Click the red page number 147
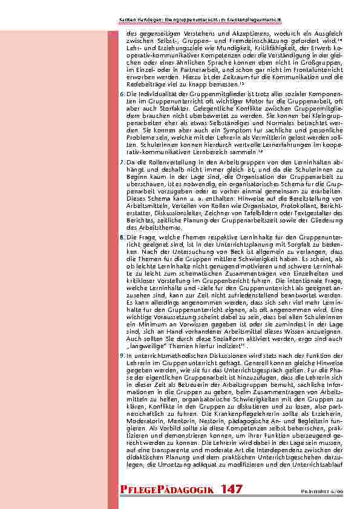coord(232,488)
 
